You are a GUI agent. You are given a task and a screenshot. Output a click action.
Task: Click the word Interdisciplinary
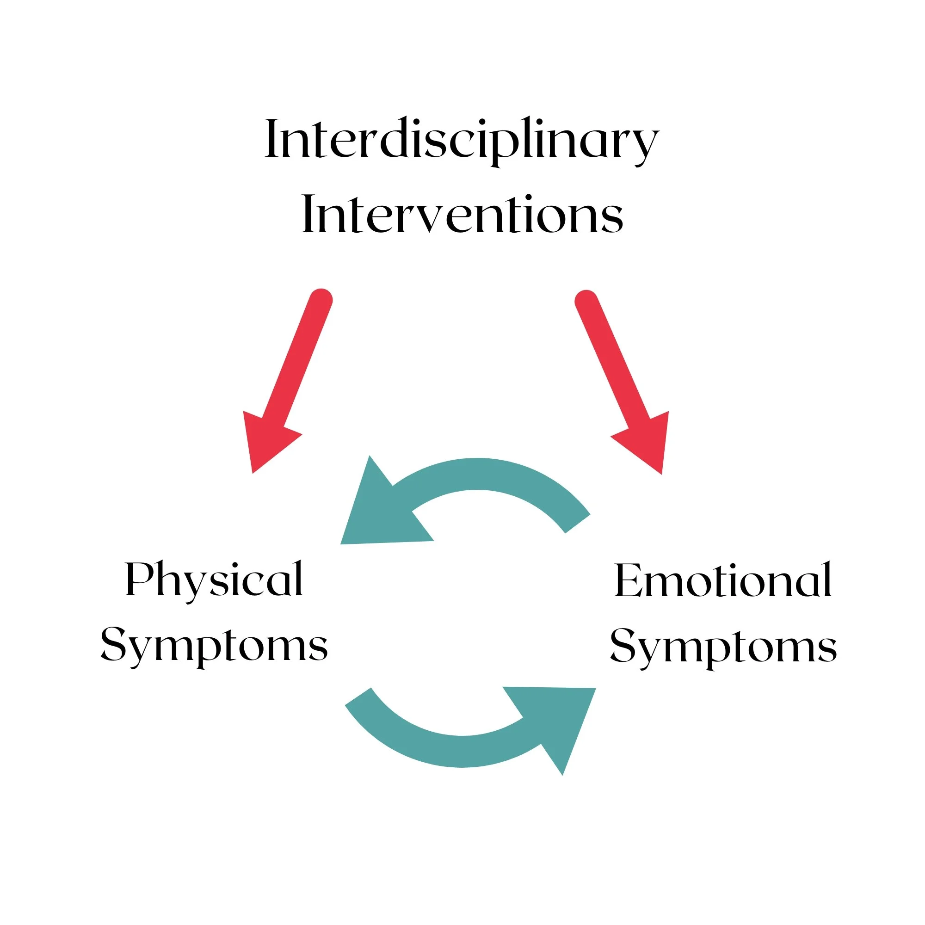462,142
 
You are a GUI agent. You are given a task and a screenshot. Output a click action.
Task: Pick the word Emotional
723,580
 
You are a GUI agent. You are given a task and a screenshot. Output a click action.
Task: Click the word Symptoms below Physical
214,647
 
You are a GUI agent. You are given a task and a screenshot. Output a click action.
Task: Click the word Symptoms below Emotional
723,648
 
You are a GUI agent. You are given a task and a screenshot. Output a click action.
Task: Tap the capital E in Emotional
629,580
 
